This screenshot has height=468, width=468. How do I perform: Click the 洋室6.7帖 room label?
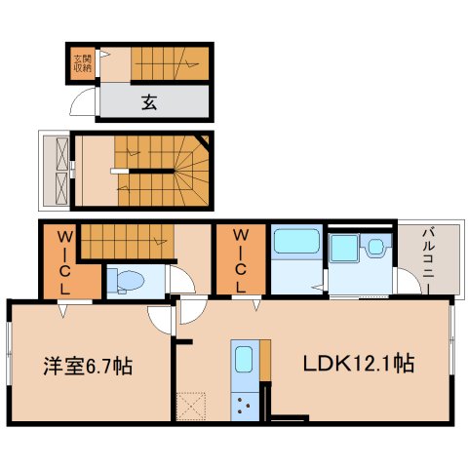click(x=88, y=368)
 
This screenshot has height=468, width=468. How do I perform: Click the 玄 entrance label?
click(x=150, y=100)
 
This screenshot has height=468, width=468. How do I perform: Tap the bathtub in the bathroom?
click(x=296, y=243)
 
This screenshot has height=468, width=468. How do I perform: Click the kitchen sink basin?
click(x=244, y=358)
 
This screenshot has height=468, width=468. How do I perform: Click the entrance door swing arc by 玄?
click(x=87, y=104)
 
